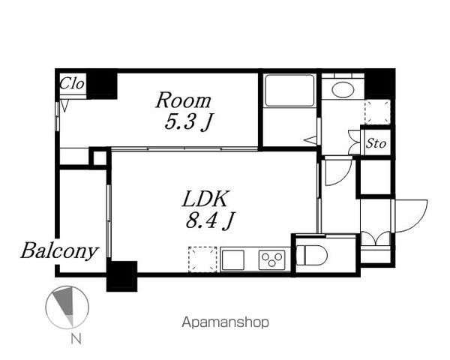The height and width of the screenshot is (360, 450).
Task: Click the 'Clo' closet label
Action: point(72,83)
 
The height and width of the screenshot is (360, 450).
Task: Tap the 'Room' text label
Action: point(183,100)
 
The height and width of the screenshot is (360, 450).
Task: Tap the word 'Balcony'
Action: point(59,250)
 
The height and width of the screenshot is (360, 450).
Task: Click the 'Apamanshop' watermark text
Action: point(225,322)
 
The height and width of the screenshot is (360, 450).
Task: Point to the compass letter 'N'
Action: point(74,340)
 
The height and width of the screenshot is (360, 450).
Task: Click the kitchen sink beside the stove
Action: point(232,259)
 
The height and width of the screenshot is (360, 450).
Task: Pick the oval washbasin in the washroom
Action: point(343,89)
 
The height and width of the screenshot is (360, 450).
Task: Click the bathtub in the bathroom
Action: point(289,91)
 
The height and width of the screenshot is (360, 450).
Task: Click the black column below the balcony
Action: point(121,275)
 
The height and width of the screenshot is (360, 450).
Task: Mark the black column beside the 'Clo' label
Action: point(102,83)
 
